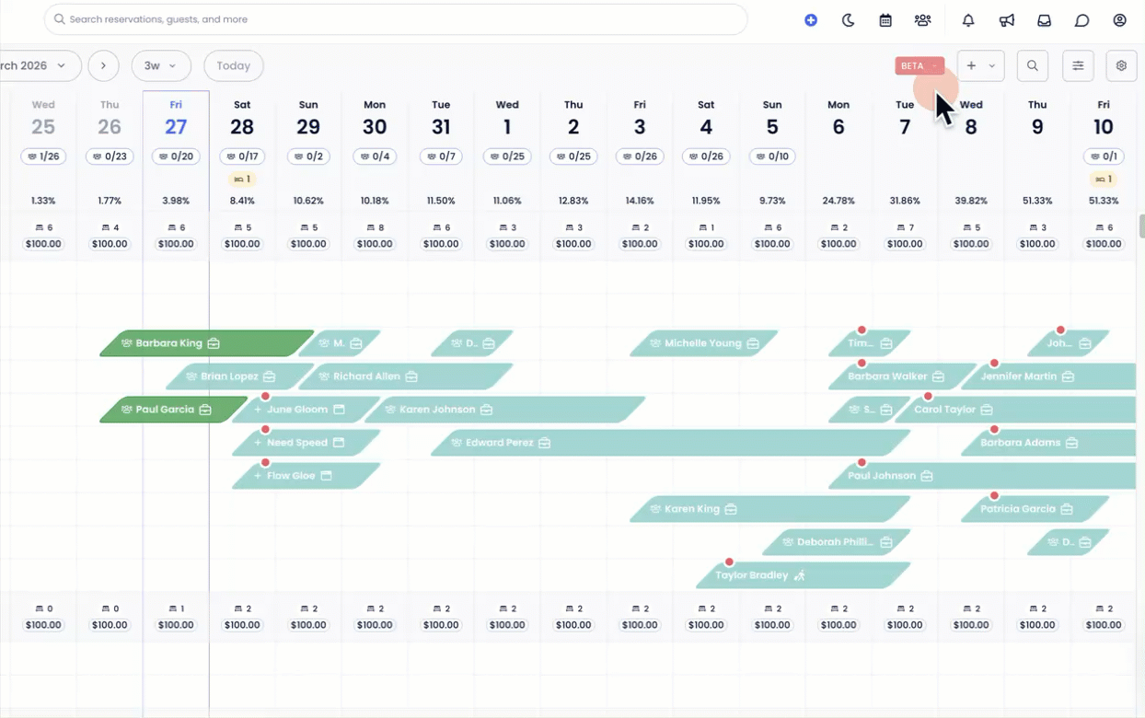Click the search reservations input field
(x=396, y=19)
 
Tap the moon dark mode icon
(x=849, y=20)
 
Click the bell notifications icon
(x=968, y=20)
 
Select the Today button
(x=234, y=66)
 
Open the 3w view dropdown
(x=161, y=66)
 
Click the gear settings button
(x=1121, y=66)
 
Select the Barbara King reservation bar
(x=207, y=343)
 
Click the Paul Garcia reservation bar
(x=173, y=410)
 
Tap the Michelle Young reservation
(x=703, y=343)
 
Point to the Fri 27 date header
(x=176, y=119)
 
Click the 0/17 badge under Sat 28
(x=242, y=156)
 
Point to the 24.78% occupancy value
(x=839, y=201)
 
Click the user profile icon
(x=1119, y=20)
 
